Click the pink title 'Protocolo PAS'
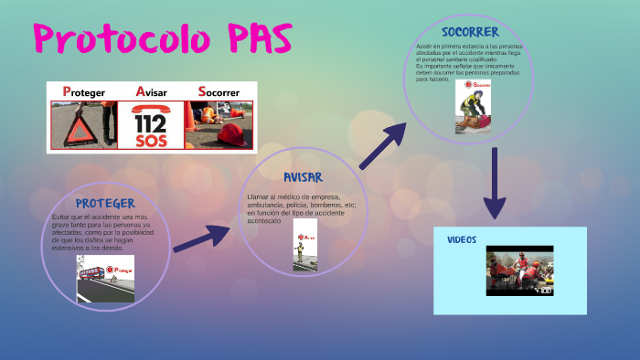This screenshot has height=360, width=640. [x=164, y=38]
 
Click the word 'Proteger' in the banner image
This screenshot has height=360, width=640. [x=82, y=92]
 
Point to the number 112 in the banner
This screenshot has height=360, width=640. [x=150, y=122]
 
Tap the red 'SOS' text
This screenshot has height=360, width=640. [x=150, y=141]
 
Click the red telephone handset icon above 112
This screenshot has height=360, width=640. [x=150, y=108]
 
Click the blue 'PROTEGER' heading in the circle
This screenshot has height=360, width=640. [x=105, y=203]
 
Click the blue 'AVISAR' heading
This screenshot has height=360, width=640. [x=303, y=176]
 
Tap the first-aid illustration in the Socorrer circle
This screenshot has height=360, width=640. [x=474, y=108]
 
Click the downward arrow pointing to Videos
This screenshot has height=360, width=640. [x=494, y=183]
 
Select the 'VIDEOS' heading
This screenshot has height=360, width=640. [x=462, y=239]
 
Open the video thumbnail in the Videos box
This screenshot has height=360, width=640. [x=519, y=270]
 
